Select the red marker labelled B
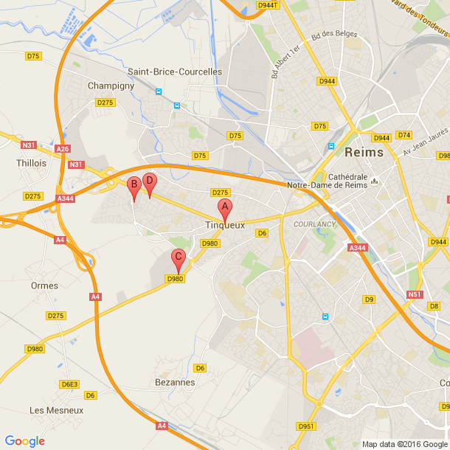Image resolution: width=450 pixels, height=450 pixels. (x=134, y=186)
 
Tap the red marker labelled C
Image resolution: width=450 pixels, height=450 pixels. (x=178, y=258)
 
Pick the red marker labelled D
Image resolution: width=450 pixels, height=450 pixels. (x=149, y=181)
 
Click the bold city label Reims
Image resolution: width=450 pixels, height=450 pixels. (x=364, y=153)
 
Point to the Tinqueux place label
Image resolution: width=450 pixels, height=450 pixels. (x=225, y=225)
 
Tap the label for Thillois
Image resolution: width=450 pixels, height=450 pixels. (x=31, y=163)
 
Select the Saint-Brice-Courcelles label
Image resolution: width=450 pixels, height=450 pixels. (x=175, y=72)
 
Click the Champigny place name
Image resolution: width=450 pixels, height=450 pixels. (x=111, y=86)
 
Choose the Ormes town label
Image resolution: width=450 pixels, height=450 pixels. (x=44, y=285)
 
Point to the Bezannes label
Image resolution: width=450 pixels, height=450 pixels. (x=175, y=382)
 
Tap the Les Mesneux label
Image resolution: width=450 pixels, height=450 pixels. (x=56, y=410)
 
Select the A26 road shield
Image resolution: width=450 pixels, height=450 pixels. (x=63, y=149)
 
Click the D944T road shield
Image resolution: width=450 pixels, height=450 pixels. (x=268, y=4)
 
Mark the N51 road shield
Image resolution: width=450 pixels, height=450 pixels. (x=415, y=294)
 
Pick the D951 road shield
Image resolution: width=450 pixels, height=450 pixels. (x=305, y=426)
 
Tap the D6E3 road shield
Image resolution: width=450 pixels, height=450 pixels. (x=69, y=384)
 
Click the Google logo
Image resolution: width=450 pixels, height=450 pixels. (x=24, y=441)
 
